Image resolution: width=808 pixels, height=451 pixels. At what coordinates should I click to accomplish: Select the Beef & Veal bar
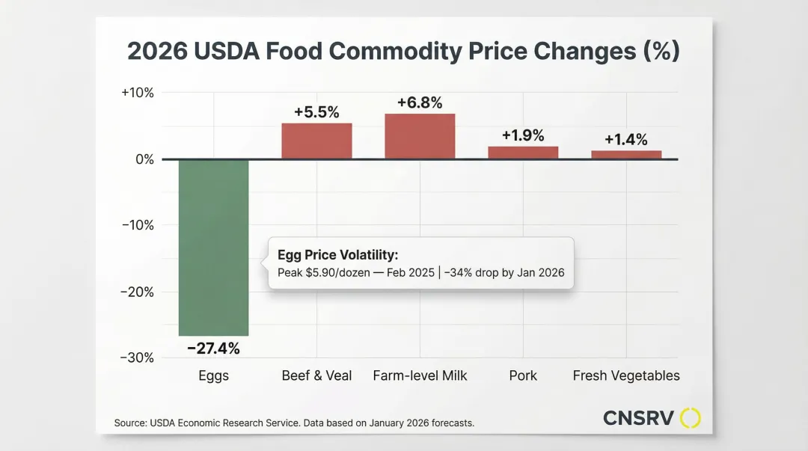point(316,141)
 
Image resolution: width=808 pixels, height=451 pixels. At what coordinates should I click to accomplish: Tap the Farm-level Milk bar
point(420,136)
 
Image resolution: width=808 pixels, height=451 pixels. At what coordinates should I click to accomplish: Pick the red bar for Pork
point(523,153)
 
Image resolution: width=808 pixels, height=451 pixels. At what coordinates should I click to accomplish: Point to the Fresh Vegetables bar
point(626,155)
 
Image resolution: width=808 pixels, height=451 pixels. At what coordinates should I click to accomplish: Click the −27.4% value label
point(213,349)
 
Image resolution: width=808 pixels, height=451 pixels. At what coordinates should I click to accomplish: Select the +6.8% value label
point(420,102)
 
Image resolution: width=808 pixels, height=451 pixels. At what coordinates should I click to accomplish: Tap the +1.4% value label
point(626,139)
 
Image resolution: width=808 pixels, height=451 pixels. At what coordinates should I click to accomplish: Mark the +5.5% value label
point(316,112)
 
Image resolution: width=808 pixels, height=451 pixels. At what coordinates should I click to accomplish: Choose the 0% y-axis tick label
point(144,159)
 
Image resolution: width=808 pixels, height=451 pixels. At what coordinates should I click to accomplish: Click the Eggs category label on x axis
point(213,375)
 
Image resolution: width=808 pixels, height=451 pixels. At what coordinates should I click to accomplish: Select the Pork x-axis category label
point(523,375)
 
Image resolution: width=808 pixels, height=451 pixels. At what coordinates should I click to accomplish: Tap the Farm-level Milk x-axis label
point(420,375)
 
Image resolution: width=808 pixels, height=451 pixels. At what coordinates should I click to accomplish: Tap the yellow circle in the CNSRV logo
point(691,418)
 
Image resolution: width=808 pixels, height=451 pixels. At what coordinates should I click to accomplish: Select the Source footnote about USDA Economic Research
point(294,423)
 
